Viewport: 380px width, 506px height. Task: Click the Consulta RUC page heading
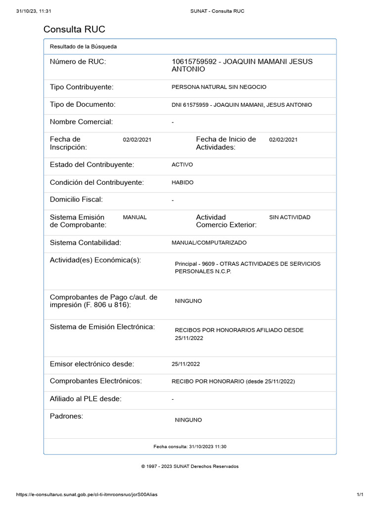coord(74,29)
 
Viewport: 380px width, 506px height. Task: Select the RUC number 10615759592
coord(194,61)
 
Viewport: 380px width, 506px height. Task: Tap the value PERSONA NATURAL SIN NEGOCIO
coord(219,87)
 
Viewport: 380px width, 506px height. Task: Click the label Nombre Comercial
coord(82,122)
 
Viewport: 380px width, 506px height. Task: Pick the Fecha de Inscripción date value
coord(137,140)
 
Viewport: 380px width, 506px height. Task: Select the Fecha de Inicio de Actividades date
coord(283,140)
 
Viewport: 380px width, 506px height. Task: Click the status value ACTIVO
coord(182,165)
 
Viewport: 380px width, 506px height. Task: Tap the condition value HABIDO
coord(183,182)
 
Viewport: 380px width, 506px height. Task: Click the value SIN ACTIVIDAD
coord(289,217)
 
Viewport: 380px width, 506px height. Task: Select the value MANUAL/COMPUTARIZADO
coord(209,243)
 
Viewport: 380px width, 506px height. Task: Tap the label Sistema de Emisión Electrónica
coord(102,327)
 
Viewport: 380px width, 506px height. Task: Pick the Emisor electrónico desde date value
coord(186,364)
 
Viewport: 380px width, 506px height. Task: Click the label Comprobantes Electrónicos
coord(96,381)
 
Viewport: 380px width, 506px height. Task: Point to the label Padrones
coord(67,416)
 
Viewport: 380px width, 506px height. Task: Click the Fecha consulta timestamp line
coord(190,447)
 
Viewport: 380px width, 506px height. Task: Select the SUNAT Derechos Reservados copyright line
coord(190,466)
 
